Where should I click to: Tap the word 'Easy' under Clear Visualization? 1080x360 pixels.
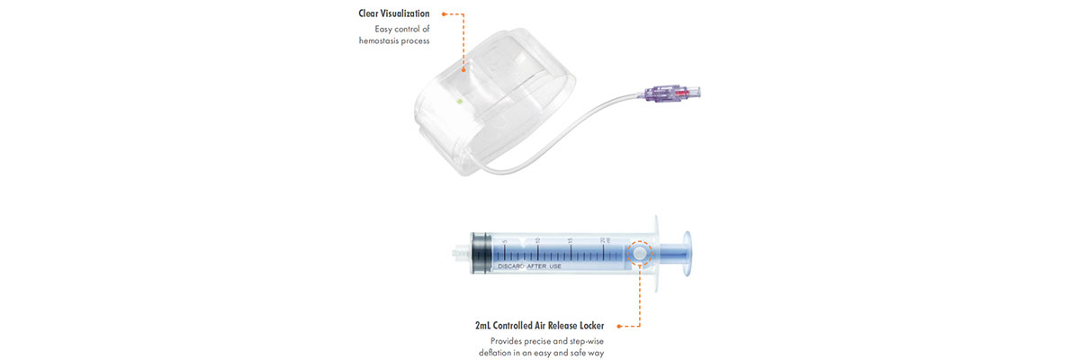click(385, 29)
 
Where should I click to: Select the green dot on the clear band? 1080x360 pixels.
click(459, 101)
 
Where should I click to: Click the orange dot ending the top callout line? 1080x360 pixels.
click(464, 67)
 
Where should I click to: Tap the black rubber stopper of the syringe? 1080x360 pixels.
click(481, 253)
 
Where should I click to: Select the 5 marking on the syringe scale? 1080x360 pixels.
click(504, 240)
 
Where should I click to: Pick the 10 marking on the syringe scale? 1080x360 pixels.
click(537, 240)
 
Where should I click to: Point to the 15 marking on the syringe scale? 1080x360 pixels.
click(571, 240)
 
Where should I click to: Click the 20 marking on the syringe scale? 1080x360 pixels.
click(602, 240)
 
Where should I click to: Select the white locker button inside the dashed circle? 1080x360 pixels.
click(639, 255)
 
